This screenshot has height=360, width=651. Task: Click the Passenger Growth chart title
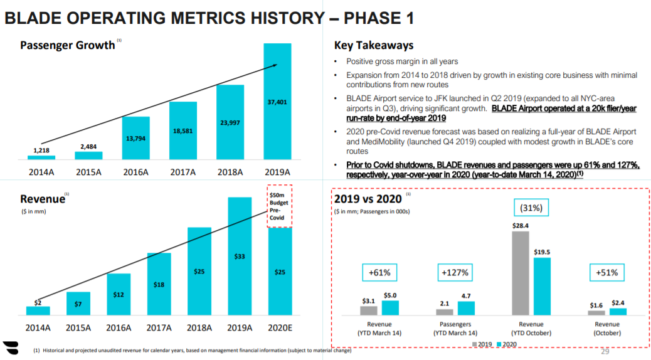tap(67, 45)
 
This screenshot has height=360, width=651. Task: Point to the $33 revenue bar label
tap(239, 257)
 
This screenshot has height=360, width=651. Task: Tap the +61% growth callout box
tap(380, 273)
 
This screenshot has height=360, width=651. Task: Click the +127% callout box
tap(455, 273)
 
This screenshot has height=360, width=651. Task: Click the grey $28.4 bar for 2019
tap(521, 273)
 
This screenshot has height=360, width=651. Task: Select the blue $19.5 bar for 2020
tap(541, 286)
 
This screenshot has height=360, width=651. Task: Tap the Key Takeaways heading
tap(374, 46)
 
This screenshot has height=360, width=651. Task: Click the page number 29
tap(605, 351)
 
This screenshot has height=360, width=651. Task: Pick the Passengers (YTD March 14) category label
tap(455, 329)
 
